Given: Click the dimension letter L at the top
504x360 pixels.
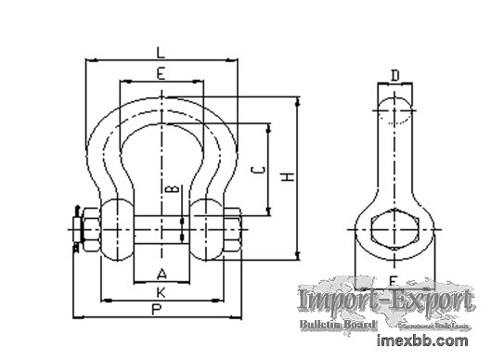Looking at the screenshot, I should (x=162, y=51).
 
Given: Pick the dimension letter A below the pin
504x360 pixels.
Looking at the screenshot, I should (x=162, y=273).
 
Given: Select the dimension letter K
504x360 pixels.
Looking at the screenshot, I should (x=162, y=291).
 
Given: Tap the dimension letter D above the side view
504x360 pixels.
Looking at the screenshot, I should (x=394, y=75).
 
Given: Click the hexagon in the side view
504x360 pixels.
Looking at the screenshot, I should (x=394, y=227).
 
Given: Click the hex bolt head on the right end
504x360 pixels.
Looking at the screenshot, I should (x=233, y=226).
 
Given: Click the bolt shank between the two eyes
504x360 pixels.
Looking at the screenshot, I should (x=162, y=226).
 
